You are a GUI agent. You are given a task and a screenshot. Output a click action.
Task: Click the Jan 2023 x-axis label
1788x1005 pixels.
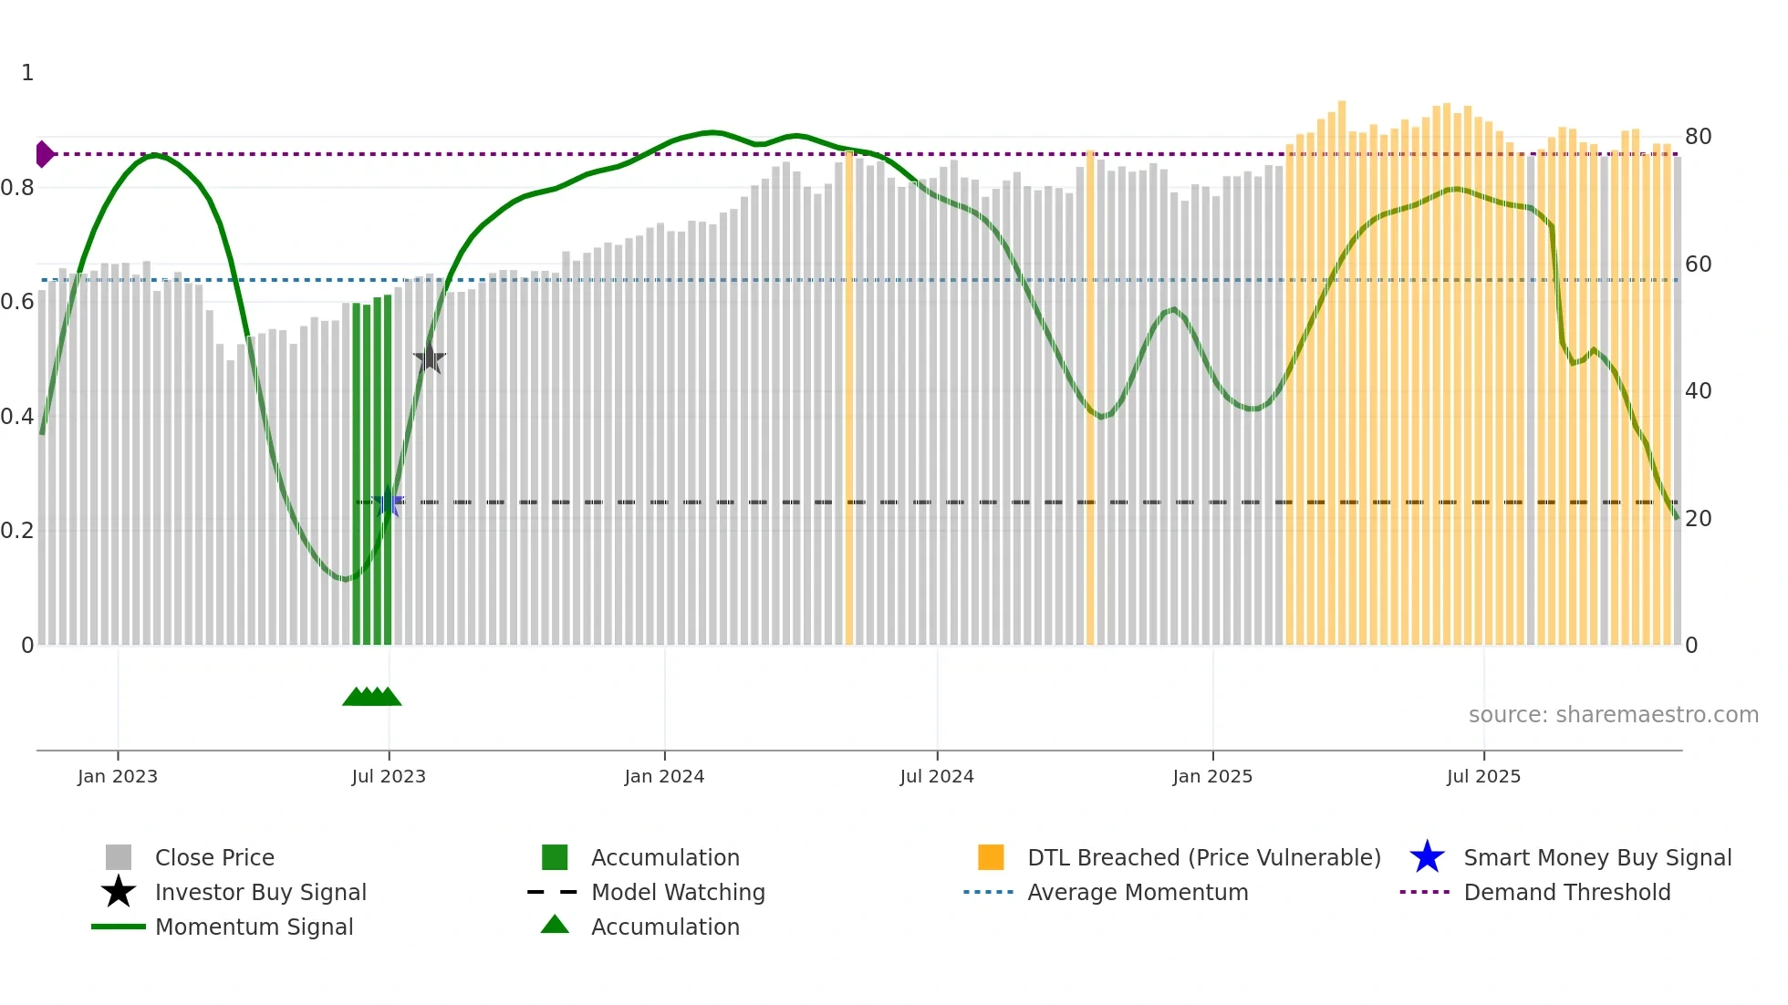coord(118,776)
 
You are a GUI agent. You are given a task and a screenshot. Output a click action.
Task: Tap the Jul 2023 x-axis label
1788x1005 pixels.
coord(389,776)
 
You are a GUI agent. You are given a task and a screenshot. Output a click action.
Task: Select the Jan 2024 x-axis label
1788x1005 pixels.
coord(664,776)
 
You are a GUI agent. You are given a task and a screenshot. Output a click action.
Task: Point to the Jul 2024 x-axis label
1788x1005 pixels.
coord(937,776)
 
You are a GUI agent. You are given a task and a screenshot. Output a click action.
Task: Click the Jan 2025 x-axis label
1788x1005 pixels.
coord(1212,776)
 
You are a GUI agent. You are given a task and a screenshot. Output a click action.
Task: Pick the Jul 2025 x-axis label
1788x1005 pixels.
coord(1484,776)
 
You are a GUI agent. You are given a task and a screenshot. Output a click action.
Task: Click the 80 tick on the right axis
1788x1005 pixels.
coord(1698,137)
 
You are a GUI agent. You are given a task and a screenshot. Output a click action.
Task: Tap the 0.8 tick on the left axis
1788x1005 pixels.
coord(18,188)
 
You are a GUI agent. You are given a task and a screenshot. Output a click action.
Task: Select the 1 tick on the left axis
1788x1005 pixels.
coord(27,73)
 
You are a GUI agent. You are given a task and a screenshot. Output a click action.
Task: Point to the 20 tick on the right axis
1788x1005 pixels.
coord(1698,519)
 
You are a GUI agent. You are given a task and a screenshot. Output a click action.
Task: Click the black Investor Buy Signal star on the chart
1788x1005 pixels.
coord(429,358)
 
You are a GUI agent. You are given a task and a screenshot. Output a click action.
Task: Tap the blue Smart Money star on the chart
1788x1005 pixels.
coord(389,502)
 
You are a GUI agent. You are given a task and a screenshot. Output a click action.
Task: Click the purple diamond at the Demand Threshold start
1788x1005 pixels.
coord(44,154)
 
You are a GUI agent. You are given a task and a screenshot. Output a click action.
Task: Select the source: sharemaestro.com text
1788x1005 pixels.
coord(1613,715)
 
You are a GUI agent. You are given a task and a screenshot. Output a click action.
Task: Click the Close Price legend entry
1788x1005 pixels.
coord(214,857)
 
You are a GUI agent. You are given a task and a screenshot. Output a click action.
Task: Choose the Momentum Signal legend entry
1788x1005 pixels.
coord(254,927)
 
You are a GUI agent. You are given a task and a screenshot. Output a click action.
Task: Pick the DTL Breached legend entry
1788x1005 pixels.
coord(1203,857)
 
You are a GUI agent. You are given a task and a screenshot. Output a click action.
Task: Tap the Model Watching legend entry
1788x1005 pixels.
coord(678,892)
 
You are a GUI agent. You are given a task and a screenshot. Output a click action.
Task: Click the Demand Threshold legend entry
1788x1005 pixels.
coord(1566,892)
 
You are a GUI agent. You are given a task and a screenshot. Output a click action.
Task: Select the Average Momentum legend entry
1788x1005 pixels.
coord(1138,892)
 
